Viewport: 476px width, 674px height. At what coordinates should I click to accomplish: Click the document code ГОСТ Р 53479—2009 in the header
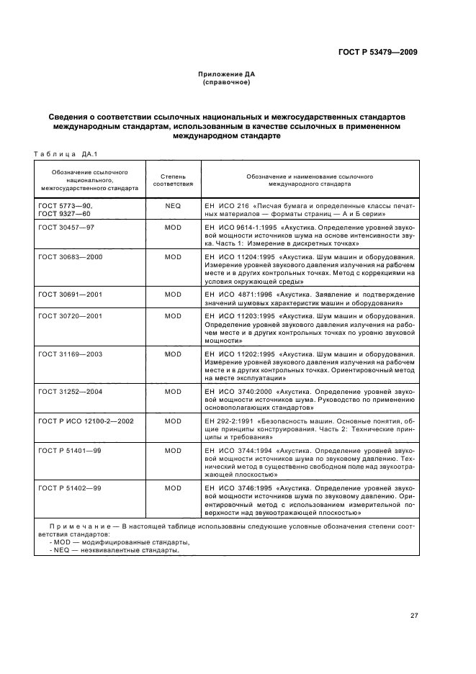coord(379,52)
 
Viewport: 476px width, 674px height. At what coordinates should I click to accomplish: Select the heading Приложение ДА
coord(227,74)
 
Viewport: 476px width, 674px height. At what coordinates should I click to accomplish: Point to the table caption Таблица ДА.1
coord(66,153)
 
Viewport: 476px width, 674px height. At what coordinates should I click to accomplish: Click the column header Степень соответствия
coord(173,179)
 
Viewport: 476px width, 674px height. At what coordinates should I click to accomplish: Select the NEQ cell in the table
coord(173,205)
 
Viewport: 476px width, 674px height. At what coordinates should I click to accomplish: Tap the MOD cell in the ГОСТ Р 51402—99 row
coord(173,488)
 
